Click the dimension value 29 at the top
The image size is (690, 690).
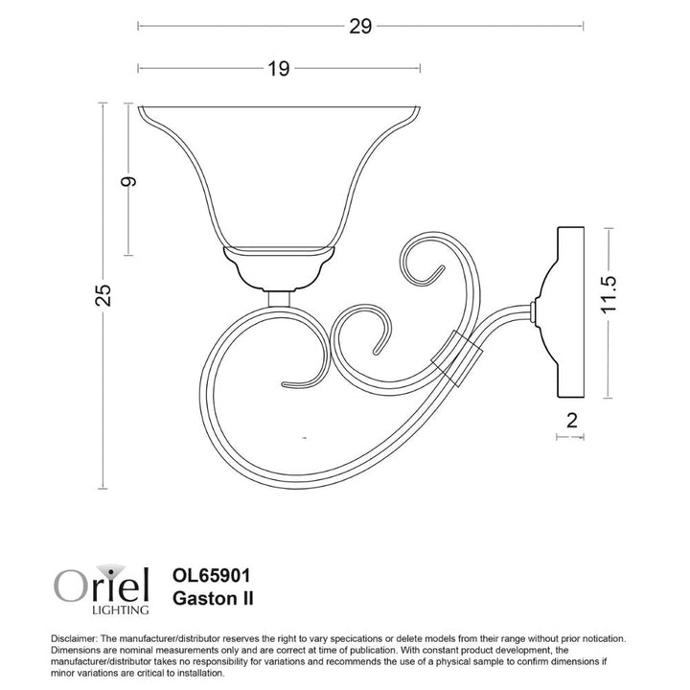[x=359, y=27]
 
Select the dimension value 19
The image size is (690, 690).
[x=278, y=69]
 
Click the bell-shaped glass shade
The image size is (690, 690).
[x=279, y=172]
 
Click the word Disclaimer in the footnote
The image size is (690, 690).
[x=72, y=638]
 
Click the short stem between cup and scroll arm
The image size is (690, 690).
[x=279, y=298]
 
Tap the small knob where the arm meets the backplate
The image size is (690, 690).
[x=532, y=309]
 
